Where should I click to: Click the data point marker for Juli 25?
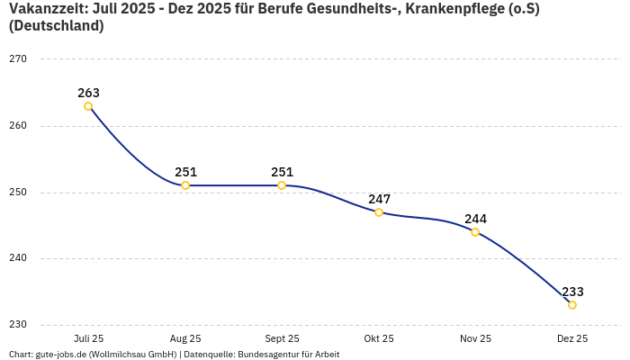click(x=88, y=106)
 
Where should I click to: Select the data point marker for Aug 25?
click(x=185, y=185)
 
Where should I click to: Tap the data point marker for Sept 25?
click(x=282, y=185)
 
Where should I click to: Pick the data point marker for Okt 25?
click(x=379, y=212)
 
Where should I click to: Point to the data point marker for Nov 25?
click(x=475, y=232)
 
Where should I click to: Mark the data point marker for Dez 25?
click(x=572, y=305)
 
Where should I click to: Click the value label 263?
click(x=88, y=93)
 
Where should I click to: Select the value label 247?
click(x=379, y=199)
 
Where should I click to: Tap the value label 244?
click(x=475, y=219)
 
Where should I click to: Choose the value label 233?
click(x=572, y=292)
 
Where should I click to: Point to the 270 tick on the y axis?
click(x=18, y=59)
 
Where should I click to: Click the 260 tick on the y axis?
click(x=18, y=126)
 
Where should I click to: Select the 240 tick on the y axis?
click(x=18, y=258)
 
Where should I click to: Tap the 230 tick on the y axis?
click(x=18, y=325)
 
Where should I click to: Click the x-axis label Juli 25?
click(x=88, y=338)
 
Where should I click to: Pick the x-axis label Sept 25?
click(x=282, y=338)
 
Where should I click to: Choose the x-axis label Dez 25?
click(x=572, y=338)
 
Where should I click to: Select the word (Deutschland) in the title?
click(x=56, y=26)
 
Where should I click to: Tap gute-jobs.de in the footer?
click(x=60, y=355)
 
